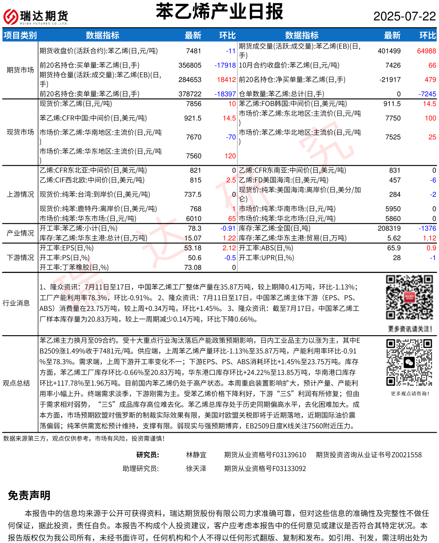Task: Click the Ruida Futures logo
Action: [x=36, y=17]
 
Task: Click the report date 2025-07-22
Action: [x=404, y=16]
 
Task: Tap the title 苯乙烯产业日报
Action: [x=219, y=11]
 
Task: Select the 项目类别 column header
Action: [x=20, y=36]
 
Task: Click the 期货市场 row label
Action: [x=20, y=70]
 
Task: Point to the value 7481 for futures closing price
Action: [x=194, y=51]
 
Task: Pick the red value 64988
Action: [x=426, y=51]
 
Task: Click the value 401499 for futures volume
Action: [x=389, y=51]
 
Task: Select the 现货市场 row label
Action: [x=20, y=132]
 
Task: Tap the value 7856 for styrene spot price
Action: [x=194, y=104]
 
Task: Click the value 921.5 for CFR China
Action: [x=193, y=118]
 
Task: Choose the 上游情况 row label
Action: [x=20, y=194]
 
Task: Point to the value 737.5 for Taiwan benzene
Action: [x=193, y=194]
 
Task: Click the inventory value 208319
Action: [x=389, y=228]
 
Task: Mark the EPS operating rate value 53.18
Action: [x=193, y=248]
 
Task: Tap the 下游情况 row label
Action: [x=20, y=258]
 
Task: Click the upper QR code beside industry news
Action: [x=409, y=298]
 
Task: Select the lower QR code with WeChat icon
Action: [x=409, y=362]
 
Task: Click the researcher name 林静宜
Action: [x=196, y=455]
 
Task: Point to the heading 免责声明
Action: [x=29, y=495]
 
